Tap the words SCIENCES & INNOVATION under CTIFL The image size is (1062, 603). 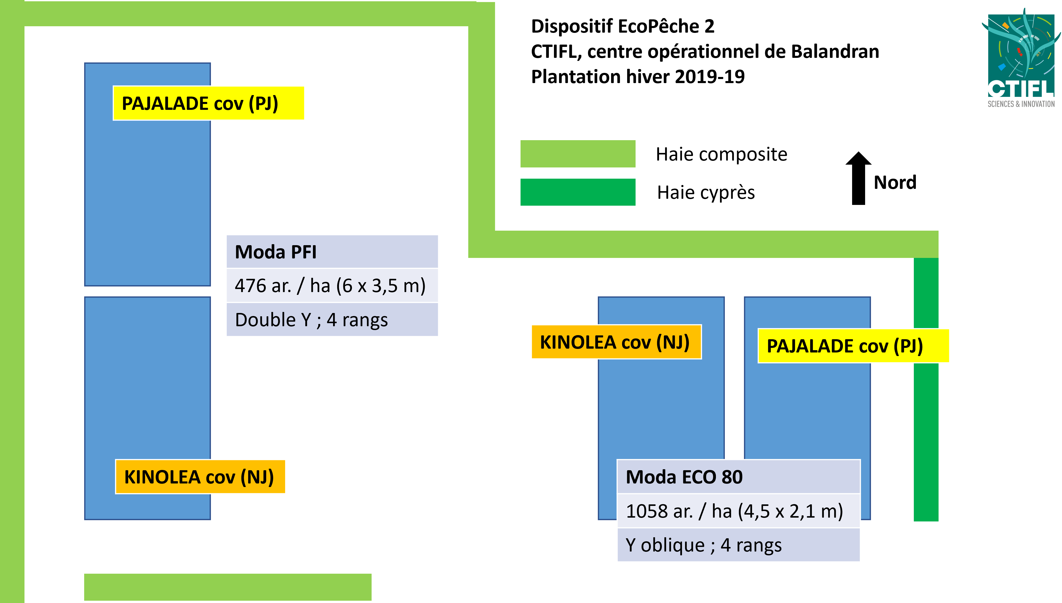point(1021,104)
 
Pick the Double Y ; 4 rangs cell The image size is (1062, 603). point(332,320)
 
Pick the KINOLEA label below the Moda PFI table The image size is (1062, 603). point(200,477)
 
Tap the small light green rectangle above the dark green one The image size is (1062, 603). point(578,154)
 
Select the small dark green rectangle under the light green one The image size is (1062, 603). point(578,192)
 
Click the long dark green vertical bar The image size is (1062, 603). point(926,435)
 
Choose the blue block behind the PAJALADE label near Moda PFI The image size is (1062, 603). point(147,186)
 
